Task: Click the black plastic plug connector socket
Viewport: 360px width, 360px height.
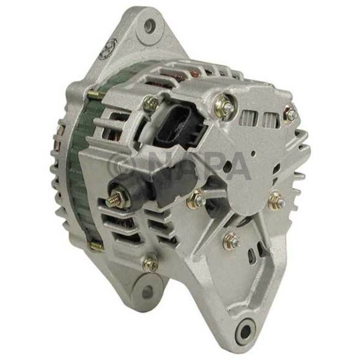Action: pos(177,128)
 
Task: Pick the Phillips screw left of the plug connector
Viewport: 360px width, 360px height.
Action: pos(150,104)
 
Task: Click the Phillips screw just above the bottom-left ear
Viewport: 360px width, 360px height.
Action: pos(150,262)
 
